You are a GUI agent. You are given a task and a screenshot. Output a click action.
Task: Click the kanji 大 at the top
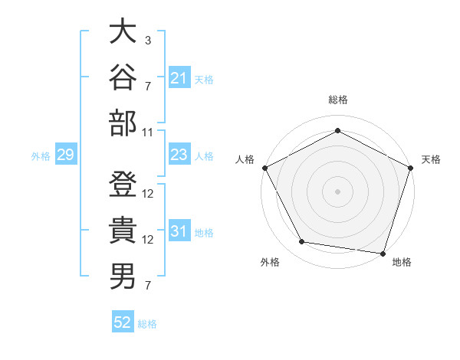tap(123, 31)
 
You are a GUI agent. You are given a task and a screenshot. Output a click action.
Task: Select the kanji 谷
tap(123, 77)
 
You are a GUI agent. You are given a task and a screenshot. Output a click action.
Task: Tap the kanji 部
tap(123, 123)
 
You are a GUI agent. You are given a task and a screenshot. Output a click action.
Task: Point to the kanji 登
tap(123, 184)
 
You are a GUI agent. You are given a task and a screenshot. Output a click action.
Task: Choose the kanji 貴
tap(123, 230)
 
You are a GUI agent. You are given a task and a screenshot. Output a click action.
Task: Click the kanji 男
tap(123, 277)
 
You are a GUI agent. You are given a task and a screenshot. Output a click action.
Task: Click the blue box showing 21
tap(179, 77)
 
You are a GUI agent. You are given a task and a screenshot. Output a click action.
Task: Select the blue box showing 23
tap(179, 154)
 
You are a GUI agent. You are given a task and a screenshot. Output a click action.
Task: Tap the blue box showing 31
tap(179, 230)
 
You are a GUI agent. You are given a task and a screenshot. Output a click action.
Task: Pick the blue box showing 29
tap(66, 154)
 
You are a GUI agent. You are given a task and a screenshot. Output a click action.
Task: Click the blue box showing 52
tap(123, 321)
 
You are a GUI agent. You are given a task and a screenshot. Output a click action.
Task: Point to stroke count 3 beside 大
tap(148, 41)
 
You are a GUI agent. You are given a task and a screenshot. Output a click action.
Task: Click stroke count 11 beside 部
tap(147, 133)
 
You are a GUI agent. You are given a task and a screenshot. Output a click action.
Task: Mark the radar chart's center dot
tap(337, 191)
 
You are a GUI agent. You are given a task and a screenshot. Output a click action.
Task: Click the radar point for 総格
tap(337, 130)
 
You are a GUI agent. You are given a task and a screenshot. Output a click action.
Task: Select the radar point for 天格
tap(411, 168)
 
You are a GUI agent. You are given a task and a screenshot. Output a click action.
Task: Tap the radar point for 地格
tap(383, 254)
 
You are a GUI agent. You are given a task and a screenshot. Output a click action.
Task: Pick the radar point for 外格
tap(301, 241)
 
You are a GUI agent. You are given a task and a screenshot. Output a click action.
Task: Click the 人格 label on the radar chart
tap(245, 159)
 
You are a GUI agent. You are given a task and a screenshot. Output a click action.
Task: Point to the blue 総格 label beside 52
tap(147, 324)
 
